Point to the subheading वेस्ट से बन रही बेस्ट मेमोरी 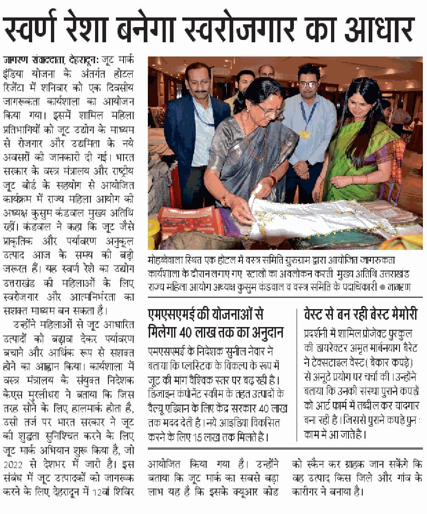(361, 315)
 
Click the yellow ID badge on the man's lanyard (304, 134)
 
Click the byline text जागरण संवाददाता (34, 60)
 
